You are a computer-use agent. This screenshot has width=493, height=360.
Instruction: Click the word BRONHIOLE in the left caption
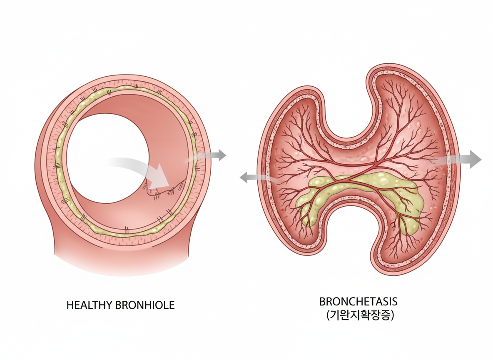point(143,305)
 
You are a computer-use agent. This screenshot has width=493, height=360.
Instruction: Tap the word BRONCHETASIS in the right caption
point(358,301)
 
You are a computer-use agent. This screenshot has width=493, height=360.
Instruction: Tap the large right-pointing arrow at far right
point(462,160)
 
